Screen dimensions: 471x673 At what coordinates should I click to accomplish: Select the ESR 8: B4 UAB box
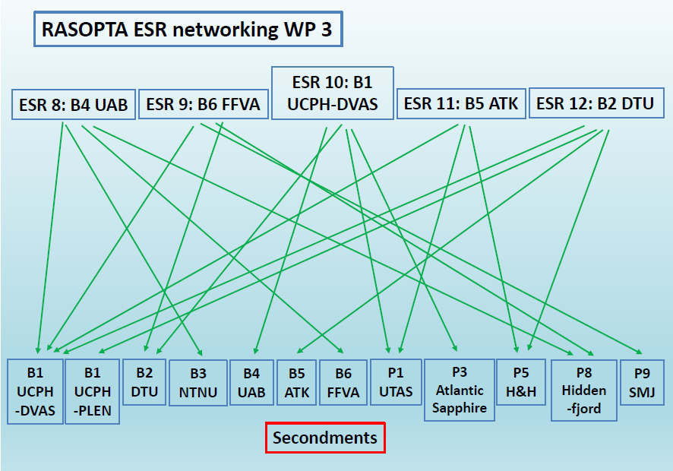click(73, 104)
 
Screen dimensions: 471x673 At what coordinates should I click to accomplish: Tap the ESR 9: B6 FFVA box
click(203, 104)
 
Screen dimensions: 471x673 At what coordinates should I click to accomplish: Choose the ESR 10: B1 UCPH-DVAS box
click(332, 93)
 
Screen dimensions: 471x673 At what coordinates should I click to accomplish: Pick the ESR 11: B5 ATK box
click(461, 103)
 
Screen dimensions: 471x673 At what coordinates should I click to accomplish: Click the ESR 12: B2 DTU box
click(595, 103)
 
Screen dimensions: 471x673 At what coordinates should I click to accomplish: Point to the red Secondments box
click(325, 438)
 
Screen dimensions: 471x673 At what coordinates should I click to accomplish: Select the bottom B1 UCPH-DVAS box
click(35, 390)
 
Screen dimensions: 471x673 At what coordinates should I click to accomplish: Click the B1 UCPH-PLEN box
click(92, 390)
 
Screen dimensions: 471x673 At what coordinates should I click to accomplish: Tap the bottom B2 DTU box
click(144, 381)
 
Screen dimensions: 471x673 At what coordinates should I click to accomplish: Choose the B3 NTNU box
click(198, 382)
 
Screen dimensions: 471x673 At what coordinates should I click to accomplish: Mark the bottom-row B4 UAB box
click(251, 382)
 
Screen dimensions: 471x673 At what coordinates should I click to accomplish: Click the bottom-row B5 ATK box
click(297, 382)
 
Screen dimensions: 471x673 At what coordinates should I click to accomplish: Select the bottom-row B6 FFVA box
click(343, 382)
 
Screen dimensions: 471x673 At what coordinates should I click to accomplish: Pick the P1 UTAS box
click(396, 381)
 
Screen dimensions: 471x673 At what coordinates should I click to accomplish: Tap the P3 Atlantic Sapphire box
click(459, 390)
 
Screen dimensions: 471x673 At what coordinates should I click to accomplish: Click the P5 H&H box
click(521, 381)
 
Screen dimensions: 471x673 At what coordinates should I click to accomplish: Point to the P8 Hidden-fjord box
click(584, 390)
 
